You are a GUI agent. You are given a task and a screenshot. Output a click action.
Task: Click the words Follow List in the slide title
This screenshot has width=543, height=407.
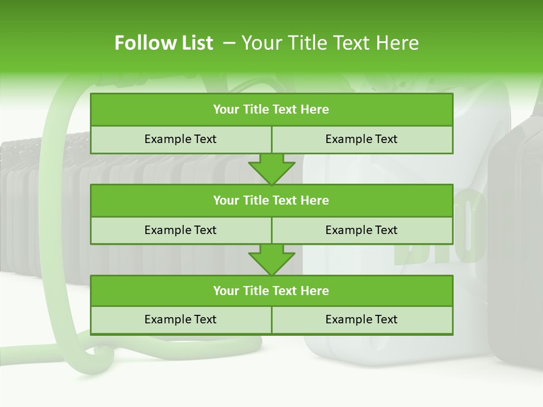(164, 43)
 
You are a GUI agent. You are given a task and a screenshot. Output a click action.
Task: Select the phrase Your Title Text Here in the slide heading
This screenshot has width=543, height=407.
(330, 43)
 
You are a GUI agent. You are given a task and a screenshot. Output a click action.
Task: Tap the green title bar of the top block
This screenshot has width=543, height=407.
(271, 110)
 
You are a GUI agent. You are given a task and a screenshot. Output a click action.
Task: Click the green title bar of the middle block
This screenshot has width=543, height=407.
(271, 200)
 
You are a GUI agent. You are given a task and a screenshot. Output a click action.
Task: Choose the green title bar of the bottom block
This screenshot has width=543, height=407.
(271, 291)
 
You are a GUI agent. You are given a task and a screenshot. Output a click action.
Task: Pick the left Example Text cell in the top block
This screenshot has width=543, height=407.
(180, 139)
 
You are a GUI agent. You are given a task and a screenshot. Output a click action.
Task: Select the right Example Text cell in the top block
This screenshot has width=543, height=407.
(362, 139)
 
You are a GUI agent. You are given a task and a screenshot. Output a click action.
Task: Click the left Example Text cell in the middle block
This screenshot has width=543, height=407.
(180, 230)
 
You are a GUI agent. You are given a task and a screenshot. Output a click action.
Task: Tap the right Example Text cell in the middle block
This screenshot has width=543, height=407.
(362, 230)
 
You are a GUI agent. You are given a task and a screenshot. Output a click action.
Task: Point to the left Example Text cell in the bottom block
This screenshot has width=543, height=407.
(180, 319)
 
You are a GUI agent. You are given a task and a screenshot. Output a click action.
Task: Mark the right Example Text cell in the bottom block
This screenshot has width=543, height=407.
(362, 319)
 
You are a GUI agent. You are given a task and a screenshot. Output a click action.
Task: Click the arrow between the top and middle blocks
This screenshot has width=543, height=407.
(271, 169)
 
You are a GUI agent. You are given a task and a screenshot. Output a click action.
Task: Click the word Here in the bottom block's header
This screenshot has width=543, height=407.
(315, 291)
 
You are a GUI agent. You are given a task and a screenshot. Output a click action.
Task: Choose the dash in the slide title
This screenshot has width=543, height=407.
(229, 43)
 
